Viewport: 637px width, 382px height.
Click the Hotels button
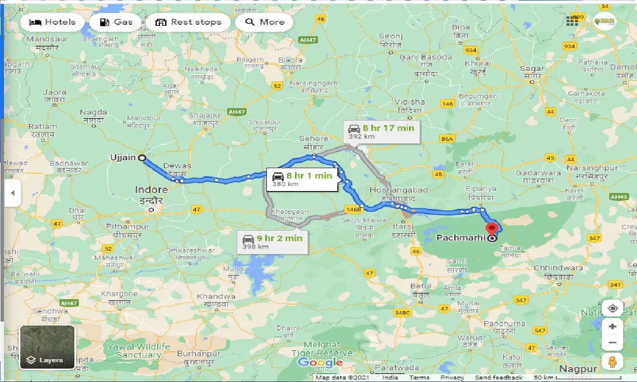coord(52,22)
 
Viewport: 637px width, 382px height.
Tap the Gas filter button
coord(116,22)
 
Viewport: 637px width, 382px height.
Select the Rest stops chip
coord(188,22)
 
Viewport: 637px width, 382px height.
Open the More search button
coord(264,22)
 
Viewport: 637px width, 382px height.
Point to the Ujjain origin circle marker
coord(142,158)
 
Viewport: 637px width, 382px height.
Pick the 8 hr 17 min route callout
coord(381,132)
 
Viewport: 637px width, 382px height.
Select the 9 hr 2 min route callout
coord(272,242)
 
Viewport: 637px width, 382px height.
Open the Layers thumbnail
coord(48,347)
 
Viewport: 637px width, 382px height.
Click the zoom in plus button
coord(613,326)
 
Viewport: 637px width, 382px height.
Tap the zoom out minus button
coord(613,343)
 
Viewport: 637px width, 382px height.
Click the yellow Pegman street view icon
coord(613,362)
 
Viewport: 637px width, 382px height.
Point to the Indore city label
coord(151,190)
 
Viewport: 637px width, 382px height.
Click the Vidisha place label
coord(410,102)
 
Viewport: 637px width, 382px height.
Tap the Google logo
coord(320,363)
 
